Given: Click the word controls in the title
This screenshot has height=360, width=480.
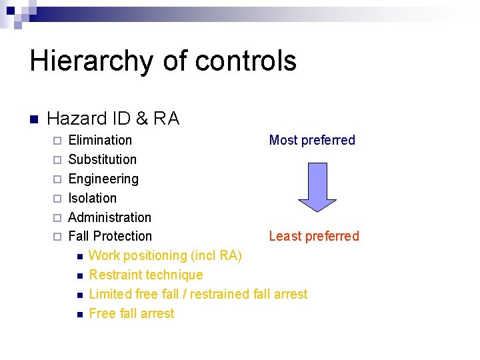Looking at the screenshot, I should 246,61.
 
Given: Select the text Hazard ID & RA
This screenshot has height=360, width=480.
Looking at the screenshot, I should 113,119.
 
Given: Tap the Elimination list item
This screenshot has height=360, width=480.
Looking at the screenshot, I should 100,140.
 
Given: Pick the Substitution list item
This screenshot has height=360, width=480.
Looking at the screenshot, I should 102,159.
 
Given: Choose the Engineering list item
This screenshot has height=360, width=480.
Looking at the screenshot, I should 103,179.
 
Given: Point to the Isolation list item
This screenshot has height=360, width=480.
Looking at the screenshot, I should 92,198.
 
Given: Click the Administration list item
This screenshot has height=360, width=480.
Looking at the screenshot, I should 109,217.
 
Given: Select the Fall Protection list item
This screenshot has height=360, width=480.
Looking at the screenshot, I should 110,236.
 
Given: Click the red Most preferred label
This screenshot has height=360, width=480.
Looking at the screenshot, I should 311,140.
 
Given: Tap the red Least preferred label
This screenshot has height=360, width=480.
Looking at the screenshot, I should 313,236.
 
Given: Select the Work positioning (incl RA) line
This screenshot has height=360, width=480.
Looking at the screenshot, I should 165,255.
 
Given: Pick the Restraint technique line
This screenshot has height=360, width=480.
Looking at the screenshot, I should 145,275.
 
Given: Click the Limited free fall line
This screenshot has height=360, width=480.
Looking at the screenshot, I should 197,294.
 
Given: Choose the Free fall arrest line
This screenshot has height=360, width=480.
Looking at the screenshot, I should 131,313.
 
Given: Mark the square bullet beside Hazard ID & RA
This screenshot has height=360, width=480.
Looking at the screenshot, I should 34,120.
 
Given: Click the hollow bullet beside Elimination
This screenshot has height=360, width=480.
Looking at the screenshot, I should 57,141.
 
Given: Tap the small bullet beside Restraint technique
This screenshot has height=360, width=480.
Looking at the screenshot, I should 79,275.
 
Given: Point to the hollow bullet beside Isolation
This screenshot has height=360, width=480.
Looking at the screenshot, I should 57,199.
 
